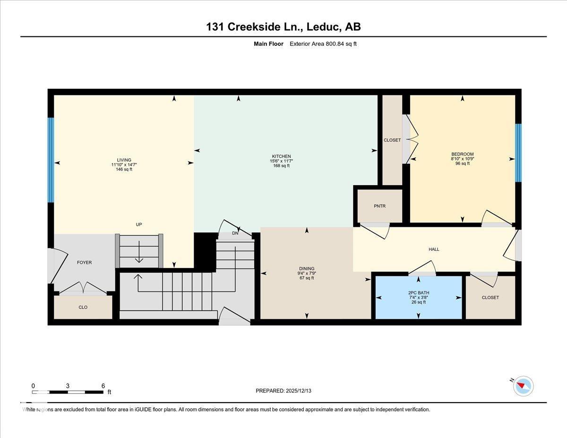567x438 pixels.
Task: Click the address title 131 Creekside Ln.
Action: tap(283, 27)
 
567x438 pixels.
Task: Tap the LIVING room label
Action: tap(124, 160)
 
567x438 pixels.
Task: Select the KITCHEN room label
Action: tap(281, 156)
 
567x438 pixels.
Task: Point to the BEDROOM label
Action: tap(462, 154)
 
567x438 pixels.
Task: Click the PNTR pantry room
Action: tap(380, 206)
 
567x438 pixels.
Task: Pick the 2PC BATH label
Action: tap(418, 293)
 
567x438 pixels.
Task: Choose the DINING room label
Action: tap(307, 269)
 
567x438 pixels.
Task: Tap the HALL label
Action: tap(434, 249)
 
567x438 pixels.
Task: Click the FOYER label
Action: tap(84, 262)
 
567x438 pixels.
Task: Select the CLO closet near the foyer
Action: tap(83, 307)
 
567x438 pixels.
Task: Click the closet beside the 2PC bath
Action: tap(490, 298)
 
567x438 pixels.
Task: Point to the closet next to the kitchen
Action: tap(392, 140)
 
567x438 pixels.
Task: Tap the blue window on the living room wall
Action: tap(51, 160)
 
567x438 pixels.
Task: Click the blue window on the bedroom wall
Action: tap(518, 153)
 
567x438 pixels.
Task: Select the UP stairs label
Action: tap(139, 224)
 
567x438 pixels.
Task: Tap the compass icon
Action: tap(523, 386)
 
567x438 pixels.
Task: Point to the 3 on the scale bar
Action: tap(68, 386)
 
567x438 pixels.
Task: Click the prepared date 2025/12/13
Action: tap(283, 391)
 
